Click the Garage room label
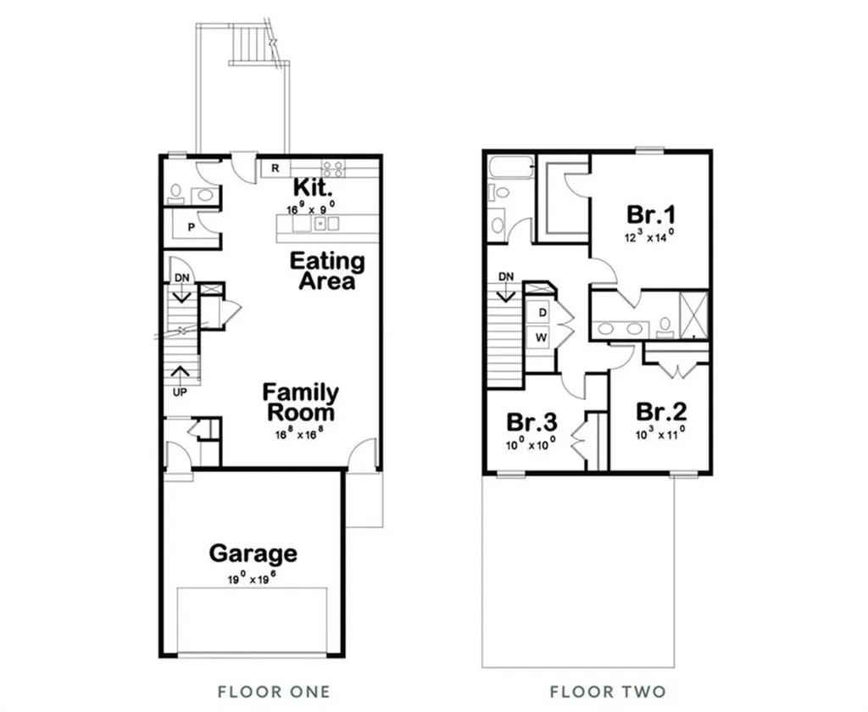[253, 554]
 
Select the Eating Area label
[327, 270]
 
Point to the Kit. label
[312, 186]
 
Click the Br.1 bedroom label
[651, 213]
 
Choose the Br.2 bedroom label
[661, 413]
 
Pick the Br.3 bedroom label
[531, 421]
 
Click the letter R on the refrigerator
[275, 168]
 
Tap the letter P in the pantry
[191, 227]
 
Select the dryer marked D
[542, 312]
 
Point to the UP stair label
[180, 392]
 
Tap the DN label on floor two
[506, 276]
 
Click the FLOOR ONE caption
[274, 691]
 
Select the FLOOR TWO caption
[608, 691]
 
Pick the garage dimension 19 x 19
[253, 581]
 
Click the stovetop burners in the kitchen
[333, 168]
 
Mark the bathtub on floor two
[510, 167]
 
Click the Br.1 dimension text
[650, 236]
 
